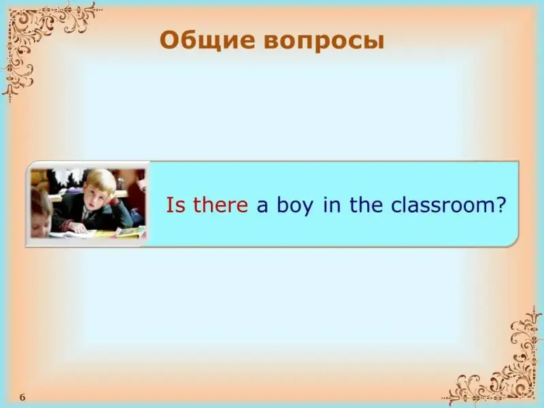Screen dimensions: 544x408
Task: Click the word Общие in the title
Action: pyautogui.click(x=207, y=41)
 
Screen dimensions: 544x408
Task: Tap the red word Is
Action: pyautogui.click(x=176, y=205)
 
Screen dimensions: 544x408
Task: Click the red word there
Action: pyautogui.click(x=220, y=205)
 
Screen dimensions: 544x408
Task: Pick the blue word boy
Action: pyautogui.click(x=295, y=206)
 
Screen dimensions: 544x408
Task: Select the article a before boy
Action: pyautogui.click(x=262, y=207)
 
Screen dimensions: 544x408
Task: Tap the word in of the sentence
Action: pyautogui.click(x=332, y=205)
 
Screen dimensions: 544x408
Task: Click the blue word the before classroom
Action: pyautogui.click(x=366, y=205)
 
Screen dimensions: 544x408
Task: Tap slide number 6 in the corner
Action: pyautogui.click(x=22, y=397)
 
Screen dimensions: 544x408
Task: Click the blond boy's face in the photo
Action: pyautogui.click(x=94, y=198)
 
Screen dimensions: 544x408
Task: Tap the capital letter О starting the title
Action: pyautogui.click(x=169, y=41)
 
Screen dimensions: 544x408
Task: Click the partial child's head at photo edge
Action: pyautogui.click(x=41, y=212)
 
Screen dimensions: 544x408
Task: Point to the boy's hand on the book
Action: pyautogui.click(x=78, y=228)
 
